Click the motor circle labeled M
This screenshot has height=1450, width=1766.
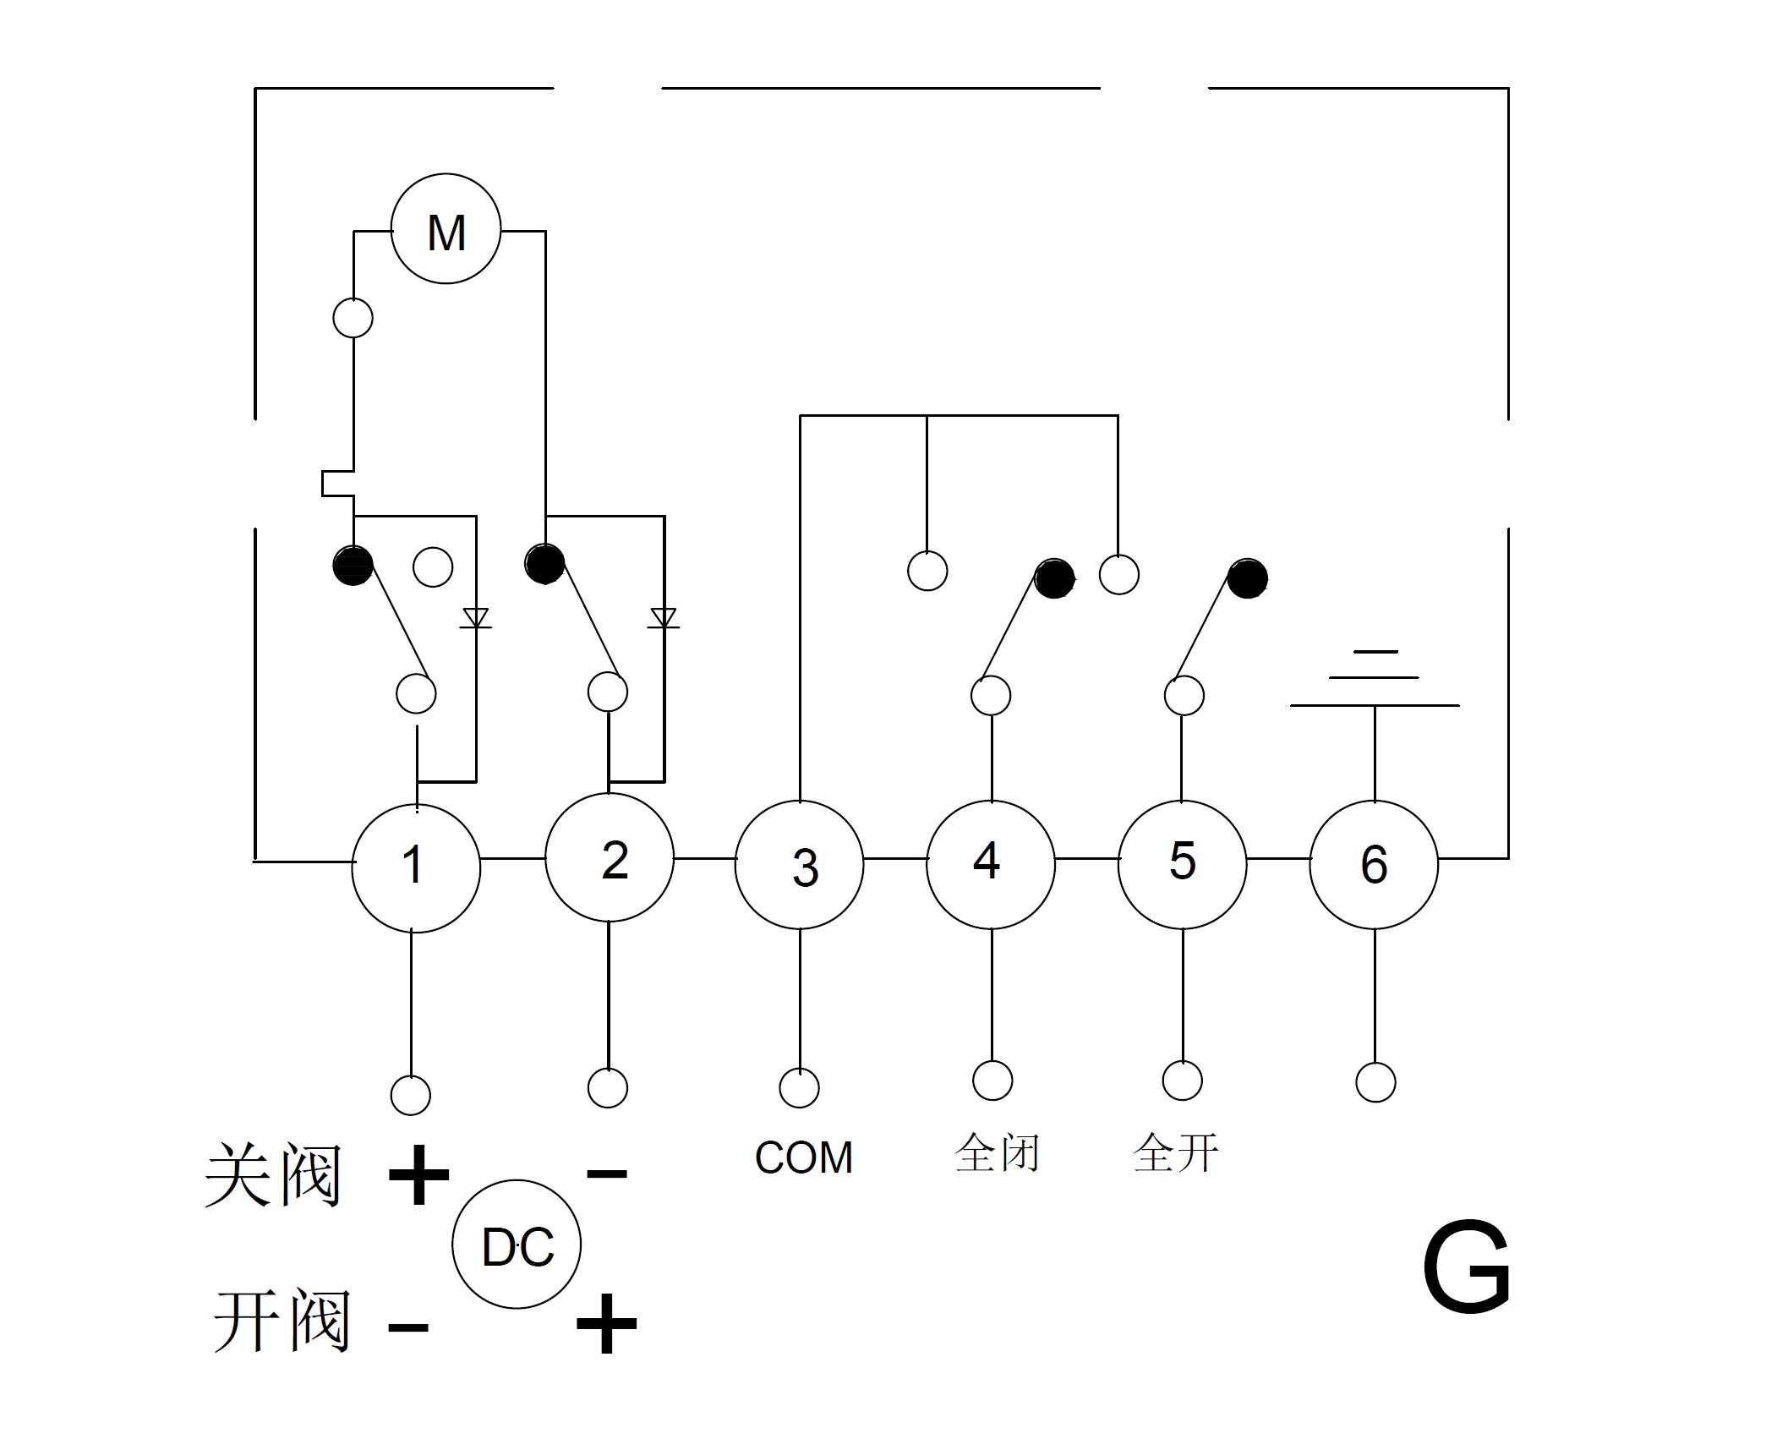(446, 229)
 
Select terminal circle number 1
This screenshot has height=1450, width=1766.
(415, 867)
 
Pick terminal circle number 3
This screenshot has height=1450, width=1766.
(799, 865)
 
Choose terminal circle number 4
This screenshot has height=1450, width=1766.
(991, 863)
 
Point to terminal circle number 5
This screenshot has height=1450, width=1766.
(1182, 863)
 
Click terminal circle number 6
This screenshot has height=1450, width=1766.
(1374, 864)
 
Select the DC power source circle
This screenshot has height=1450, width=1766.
(517, 1245)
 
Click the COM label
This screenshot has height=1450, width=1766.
(803, 1157)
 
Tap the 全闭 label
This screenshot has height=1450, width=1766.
(997, 1152)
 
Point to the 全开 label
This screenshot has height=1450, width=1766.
(1175, 1152)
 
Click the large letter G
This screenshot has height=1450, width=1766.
(1466, 1268)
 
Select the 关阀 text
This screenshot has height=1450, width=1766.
(273, 1174)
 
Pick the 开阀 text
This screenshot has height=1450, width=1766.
(282, 1321)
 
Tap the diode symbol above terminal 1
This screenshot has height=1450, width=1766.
(476, 618)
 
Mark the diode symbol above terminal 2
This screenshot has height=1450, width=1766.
(664, 618)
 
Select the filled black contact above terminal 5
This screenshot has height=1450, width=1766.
(1247, 579)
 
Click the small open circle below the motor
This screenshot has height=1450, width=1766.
(353, 318)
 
